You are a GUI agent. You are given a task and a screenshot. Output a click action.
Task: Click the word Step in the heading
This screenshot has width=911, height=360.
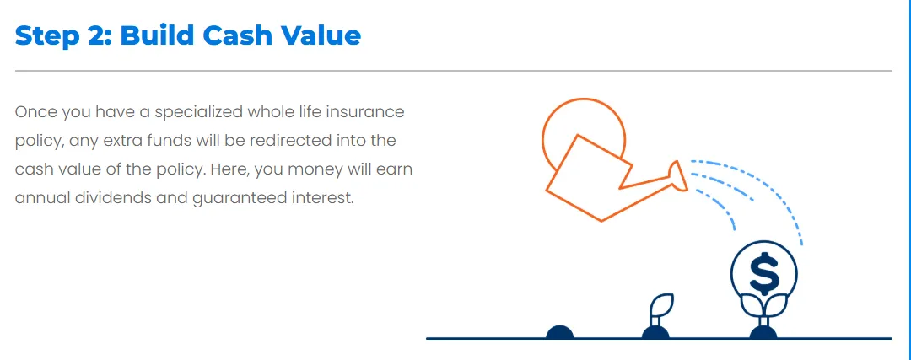(x=46, y=36)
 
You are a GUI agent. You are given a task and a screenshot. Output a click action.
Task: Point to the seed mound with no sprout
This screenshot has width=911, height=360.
(x=560, y=332)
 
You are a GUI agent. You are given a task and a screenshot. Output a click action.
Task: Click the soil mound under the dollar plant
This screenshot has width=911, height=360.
(x=763, y=332)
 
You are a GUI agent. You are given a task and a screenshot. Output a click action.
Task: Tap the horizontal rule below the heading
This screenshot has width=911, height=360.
(x=453, y=71)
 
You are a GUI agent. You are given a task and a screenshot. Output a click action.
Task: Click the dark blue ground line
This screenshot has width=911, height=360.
(x=659, y=339)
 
